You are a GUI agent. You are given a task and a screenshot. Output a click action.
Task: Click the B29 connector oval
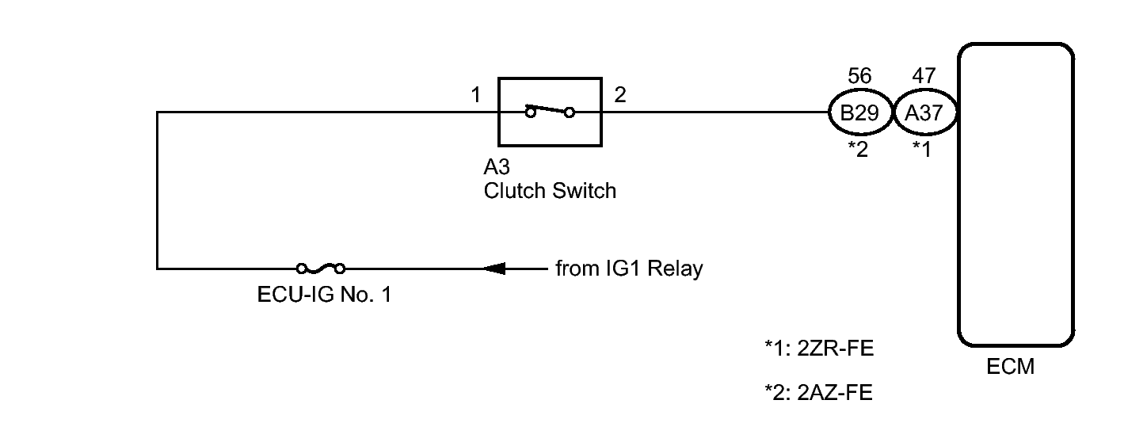point(859,113)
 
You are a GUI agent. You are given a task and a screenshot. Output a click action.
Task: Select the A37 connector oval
point(924,113)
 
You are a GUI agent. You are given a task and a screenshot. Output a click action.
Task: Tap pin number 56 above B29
point(859,76)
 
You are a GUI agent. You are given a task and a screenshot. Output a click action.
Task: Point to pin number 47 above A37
point(924,76)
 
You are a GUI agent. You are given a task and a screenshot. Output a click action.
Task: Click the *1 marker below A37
point(922,149)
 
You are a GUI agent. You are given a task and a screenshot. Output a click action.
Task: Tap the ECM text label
point(1010,368)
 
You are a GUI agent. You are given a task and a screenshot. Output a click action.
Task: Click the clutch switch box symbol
point(548,112)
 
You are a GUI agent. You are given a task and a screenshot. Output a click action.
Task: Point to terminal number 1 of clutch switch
point(475,96)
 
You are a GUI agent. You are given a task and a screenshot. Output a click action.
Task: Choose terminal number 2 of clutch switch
point(620,96)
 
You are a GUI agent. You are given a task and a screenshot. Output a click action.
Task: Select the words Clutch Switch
point(549,191)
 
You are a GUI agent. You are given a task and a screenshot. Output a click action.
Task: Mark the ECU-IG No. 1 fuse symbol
point(320,269)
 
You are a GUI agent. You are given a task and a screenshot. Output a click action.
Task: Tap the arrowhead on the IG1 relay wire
point(494,269)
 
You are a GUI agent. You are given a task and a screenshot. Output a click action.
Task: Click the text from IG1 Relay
point(629,269)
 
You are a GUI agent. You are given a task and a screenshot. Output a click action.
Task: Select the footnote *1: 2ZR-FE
point(819,349)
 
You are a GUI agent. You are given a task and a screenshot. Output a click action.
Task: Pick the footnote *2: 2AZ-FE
point(819,392)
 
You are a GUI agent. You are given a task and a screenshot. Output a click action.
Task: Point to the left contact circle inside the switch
point(529,113)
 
